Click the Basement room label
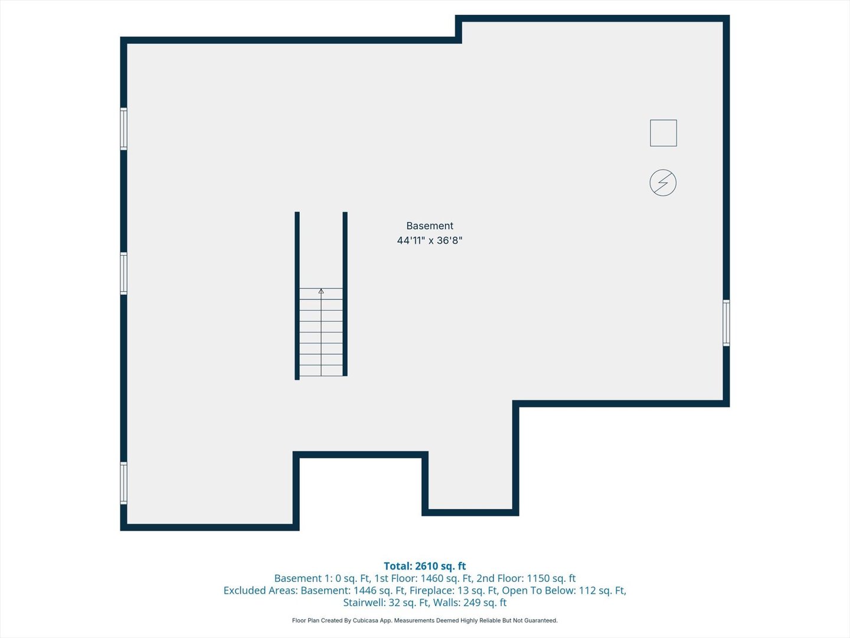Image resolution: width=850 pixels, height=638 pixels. coord(430,226)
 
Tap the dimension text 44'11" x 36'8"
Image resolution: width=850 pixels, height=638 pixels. coord(430,240)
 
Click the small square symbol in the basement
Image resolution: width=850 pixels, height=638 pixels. coord(663,133)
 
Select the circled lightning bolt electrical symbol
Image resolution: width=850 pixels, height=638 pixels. coord(663,183)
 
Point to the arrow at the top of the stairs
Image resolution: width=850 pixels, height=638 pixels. coord(321,291)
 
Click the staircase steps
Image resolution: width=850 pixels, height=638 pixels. coord(321,332)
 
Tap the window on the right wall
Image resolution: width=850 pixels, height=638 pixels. coord(726,323)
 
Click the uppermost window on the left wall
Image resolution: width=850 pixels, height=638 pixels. coord(123,129)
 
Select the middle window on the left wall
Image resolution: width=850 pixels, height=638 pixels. coord(123,274)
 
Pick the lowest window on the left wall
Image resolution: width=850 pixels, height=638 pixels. coord(123,483)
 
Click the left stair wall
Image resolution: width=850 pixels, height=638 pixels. coord(297,295)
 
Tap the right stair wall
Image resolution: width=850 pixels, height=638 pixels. coord(345,294)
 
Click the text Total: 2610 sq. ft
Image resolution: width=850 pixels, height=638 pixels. coord(425,566)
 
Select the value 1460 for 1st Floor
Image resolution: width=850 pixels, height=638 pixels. coord(431,578)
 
